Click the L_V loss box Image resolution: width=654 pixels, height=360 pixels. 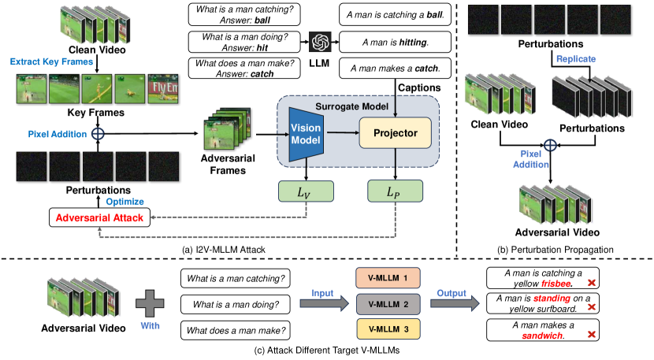click(307, 191)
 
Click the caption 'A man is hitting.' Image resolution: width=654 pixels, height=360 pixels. click(395, 41)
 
